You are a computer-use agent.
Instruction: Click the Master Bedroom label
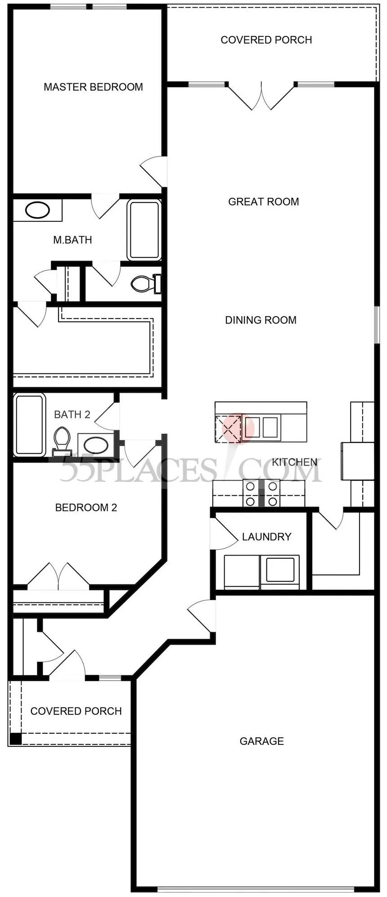93,87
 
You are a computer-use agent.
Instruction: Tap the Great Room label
264,202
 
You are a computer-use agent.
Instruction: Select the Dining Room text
261,320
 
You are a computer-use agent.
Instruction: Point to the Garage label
262,741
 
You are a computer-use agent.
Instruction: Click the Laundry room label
267,537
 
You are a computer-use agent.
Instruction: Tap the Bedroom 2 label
86,508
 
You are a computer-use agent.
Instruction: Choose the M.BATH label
72,240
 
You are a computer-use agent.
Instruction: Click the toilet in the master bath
146,283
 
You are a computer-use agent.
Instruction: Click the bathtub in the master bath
144,230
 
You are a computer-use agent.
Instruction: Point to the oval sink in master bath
37,210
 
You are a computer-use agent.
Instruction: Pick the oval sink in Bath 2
96,446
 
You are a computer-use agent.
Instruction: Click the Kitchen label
295,462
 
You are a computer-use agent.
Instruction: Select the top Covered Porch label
266,40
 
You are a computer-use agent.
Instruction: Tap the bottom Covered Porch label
76,711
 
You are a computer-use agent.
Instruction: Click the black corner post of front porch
15,739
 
